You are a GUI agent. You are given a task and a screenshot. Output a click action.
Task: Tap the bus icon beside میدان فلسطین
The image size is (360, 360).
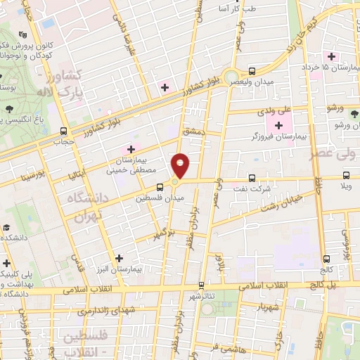click(160, 187)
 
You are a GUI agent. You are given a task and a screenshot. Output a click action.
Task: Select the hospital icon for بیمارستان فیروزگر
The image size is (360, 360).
click(279, 125)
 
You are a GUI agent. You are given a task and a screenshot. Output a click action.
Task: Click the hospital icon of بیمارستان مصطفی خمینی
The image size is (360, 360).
click(131, 149)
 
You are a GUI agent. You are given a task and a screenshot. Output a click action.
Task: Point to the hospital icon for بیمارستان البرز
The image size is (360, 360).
click(119, 258)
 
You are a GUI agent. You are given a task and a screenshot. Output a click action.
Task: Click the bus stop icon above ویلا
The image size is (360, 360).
click(346, 176)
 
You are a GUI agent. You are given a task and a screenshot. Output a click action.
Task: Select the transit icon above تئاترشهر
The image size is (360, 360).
click(201, 285)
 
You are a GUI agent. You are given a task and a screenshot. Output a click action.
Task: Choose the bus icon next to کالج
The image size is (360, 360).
click(326, 259)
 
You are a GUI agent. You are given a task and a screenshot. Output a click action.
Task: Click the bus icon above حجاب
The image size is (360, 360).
click(64, 131)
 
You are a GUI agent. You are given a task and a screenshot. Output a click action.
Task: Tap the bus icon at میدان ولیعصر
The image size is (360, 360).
click(252, 71)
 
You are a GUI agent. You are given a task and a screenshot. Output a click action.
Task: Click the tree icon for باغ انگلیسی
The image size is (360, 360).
click(10, 109)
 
